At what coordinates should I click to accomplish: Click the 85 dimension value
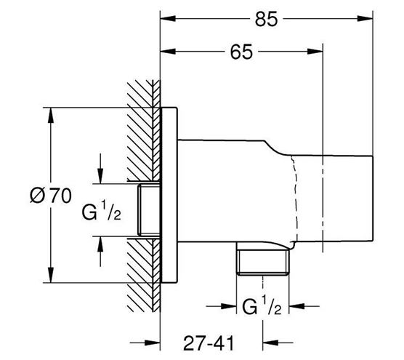[267, 19]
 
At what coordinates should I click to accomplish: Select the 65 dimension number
[241, 52]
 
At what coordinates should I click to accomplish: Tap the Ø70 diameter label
[51, 196]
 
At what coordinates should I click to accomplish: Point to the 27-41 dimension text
[209, 343]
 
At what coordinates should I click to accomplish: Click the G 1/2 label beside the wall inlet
[101, 211]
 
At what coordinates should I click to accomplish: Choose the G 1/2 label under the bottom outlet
[262, 305]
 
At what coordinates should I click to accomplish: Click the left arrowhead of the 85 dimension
[168, 19]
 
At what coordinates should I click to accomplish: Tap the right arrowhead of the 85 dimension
[365, 19]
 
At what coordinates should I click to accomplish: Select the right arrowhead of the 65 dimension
[315, 52]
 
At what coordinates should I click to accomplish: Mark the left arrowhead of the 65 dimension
[168, 52]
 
